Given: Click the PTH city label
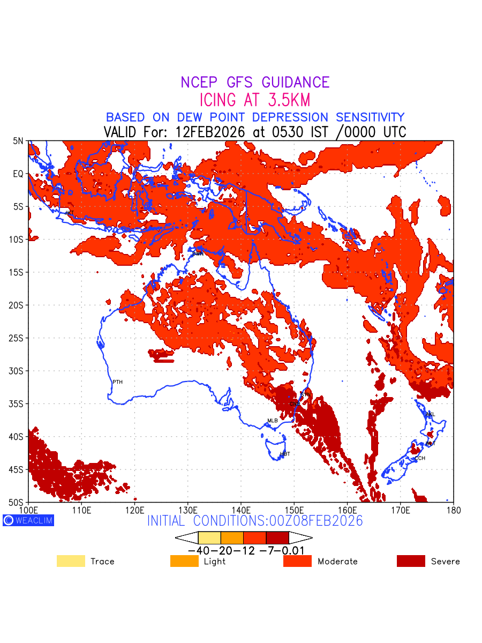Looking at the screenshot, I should [117, 382].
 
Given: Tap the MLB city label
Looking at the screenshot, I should [273, 421].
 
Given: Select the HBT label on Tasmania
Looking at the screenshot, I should [285, 454].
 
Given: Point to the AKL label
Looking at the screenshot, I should [430, 414].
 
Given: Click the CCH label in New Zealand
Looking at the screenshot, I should [420, 458].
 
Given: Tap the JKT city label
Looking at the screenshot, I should [69, 213].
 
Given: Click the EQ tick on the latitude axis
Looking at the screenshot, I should [18, 174].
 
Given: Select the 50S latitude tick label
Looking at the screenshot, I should [16, 502].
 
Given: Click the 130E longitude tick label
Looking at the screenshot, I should [187, 510].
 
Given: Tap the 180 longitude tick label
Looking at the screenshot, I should [453, 510].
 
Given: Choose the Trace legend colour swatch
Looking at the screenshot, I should [71, 561].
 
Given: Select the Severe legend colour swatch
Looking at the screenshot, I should [411, 561].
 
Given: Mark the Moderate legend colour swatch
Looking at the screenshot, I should [297, 561].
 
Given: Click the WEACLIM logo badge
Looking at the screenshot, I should [28, 520].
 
